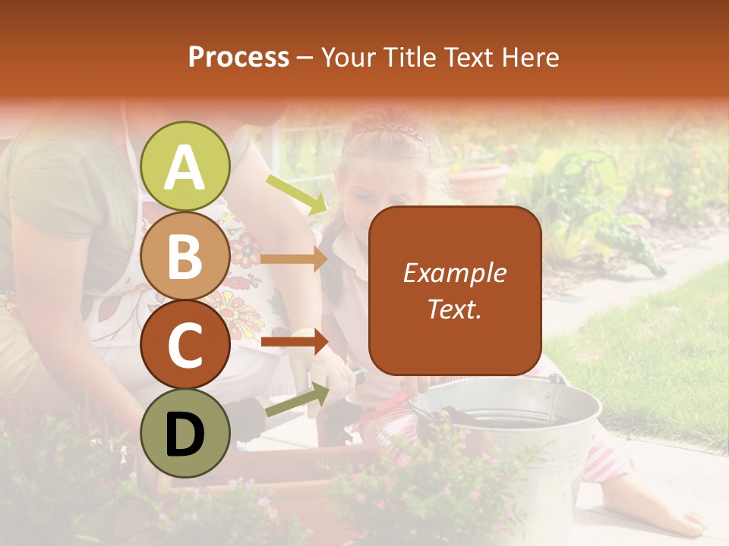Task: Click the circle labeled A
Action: [185, 166]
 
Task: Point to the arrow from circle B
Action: [294, 259]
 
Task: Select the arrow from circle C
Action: [294, 342]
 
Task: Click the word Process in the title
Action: [238, 58]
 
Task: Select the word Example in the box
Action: [454, 273]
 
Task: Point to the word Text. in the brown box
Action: [454, 309]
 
